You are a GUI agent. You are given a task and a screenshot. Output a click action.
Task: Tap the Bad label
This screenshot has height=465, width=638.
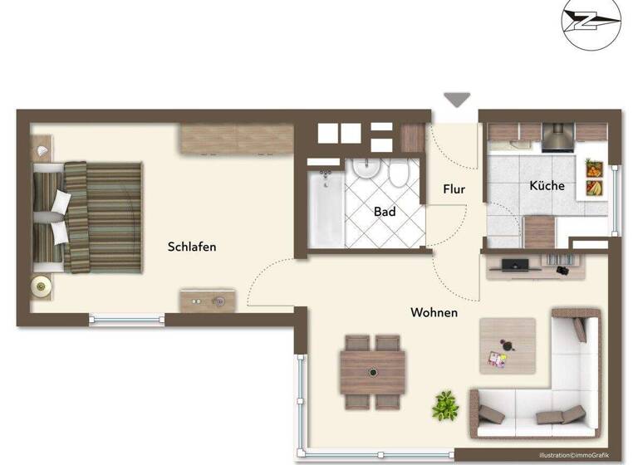pyautogui.click(x=385, y=212)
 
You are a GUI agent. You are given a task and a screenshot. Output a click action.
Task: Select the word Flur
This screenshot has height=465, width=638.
pyautogui.click(x=454, y=189)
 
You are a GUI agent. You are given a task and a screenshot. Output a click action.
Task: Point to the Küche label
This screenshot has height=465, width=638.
pyautogui.click(x=547, y=185)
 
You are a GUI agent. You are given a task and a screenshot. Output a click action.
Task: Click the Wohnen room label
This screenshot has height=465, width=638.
pyautogui.click(x=434, y=312)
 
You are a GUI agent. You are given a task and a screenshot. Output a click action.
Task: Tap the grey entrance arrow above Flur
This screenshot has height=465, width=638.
pyautogui.click(x=455, y=100)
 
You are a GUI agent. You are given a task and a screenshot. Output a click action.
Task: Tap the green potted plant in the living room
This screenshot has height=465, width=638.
pyautogui.click(x=445, y=404)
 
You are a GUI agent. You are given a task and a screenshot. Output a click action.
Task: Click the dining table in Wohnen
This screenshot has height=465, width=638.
pyautogui.click(x=372, y=372)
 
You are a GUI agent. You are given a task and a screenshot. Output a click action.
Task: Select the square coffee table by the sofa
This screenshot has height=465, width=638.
pyautogui.click(x=508, y=345)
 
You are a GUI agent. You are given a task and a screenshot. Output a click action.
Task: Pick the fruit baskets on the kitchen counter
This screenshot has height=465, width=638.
pyautogui.click(x=594, y=179)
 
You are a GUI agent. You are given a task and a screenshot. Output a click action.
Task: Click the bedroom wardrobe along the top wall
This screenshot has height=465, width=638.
pyautogui.click(x=237, y=139)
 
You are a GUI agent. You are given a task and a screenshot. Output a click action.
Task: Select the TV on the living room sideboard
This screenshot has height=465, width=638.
pyautogui.click(x=516, y=264)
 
